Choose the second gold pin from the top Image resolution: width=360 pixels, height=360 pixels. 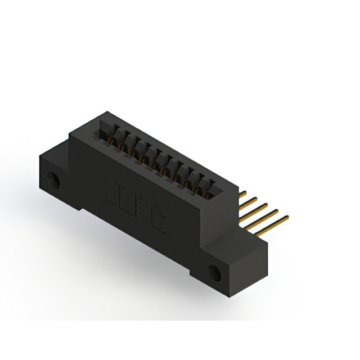250,201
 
